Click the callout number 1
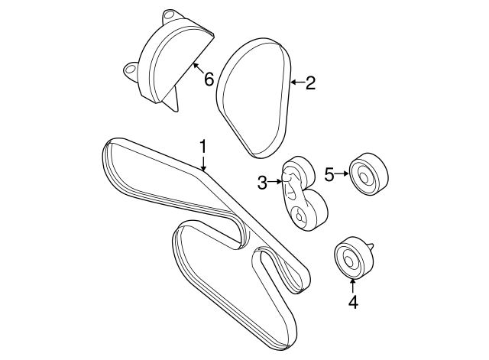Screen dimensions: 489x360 click(203, 147)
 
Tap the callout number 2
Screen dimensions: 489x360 click(310, 83)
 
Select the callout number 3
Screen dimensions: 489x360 click(262, 183)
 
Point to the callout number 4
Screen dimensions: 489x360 click(353, 302)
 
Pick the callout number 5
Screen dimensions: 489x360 click(329, 174)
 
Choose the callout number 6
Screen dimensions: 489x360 click(209, 79)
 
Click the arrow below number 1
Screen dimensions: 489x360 click(203, 164)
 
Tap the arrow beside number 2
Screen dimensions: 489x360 click(297, 83)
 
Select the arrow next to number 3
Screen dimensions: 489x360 click(275, 181)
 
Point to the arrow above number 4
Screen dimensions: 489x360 click(353, 287)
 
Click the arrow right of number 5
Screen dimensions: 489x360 click(342, 174)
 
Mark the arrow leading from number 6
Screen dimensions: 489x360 click(198, 68)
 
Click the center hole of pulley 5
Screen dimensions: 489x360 click(364, 177)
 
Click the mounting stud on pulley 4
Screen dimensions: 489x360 click(371, 245)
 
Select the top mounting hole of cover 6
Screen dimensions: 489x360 click(169, 15)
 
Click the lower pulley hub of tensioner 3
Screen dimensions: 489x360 click(299, 216)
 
